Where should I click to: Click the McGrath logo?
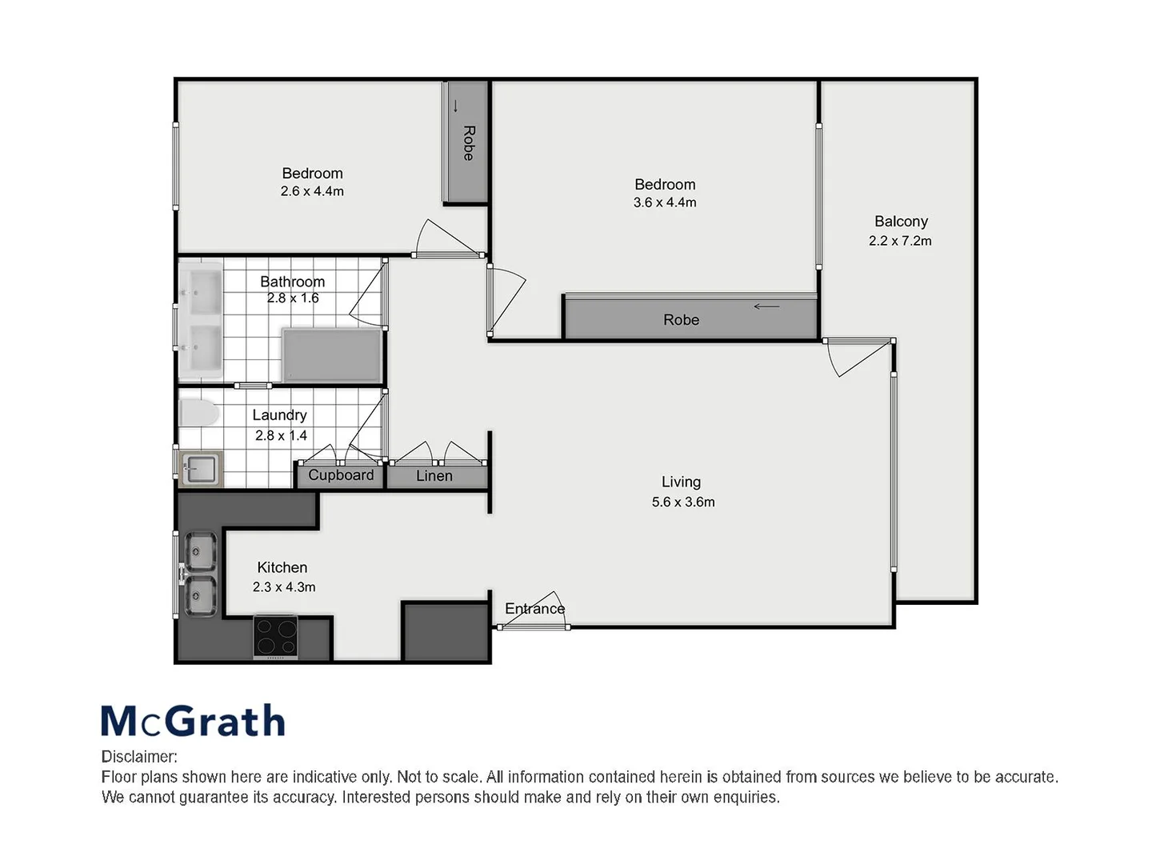point(193,721)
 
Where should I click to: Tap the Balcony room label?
point(901,222)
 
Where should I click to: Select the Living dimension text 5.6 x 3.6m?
point(682,502)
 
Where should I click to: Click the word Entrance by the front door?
point(534,609)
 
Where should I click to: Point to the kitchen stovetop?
point(275,637)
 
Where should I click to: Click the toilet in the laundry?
point(198,414)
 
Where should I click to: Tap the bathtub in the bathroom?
point(332,355)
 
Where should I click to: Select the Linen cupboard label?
point(434,476)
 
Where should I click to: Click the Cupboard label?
point(341,475)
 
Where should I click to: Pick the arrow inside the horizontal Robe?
point(766,306)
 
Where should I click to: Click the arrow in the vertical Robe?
point(456,106)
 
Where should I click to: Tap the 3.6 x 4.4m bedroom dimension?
point(665,203)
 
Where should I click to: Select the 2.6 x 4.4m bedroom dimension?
point(312,192)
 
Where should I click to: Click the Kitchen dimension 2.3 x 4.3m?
point(284,587)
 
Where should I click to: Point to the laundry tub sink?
point(199,469)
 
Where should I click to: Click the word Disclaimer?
point(138,757)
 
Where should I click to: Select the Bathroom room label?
point(292,282)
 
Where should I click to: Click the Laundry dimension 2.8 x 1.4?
point(281,436)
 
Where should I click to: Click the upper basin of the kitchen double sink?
point(200,551)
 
